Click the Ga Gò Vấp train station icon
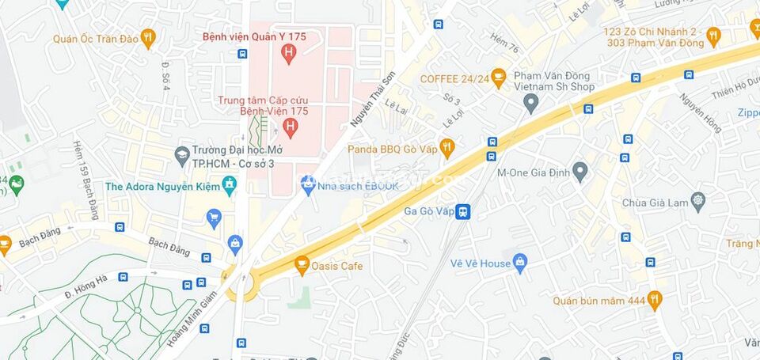[463, 212]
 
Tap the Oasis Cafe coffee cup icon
[302, 266]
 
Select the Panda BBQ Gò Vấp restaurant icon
[447, 148]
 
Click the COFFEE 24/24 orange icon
[498, 78]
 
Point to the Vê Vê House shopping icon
[520, 263]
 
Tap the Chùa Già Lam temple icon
[697, 201]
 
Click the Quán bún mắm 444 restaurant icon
[654, 300]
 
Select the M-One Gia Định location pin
[580, 171]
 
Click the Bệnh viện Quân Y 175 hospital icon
[288, 53]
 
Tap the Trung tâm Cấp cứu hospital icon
[291, 127]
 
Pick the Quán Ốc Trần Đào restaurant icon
[148, 38]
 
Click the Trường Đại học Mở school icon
[182, 153]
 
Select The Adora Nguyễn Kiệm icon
[230, 186]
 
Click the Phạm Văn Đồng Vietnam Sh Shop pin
[531, 102]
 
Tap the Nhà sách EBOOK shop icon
[308, 185]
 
